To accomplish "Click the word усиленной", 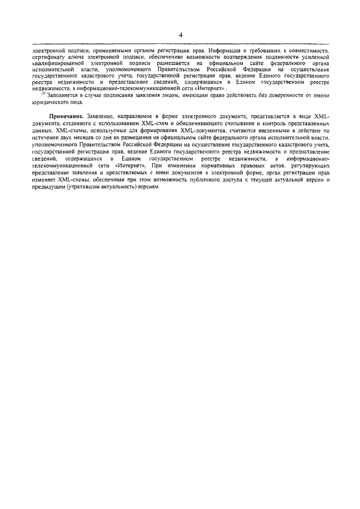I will [x=312, y=57].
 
